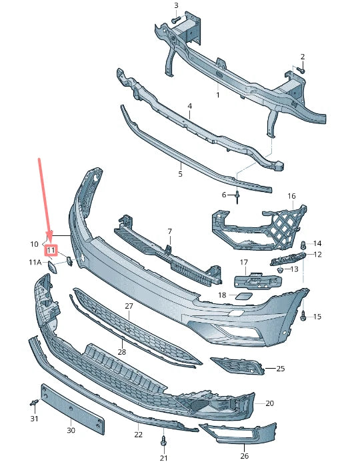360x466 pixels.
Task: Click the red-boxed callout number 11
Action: tap(51, 250)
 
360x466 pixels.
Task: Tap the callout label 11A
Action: tap(35, 262)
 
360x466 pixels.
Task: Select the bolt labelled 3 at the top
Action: tap(176, 20)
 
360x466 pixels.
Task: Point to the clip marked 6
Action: tap(237, 197)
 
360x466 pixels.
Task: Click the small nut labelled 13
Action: tap(280, 270)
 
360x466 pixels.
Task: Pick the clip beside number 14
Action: tap(303, 245)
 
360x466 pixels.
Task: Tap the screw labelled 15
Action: tap(303, 315)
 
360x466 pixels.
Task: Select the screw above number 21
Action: tap(163, 441)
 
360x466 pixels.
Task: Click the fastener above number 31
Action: tap(35, 403)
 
